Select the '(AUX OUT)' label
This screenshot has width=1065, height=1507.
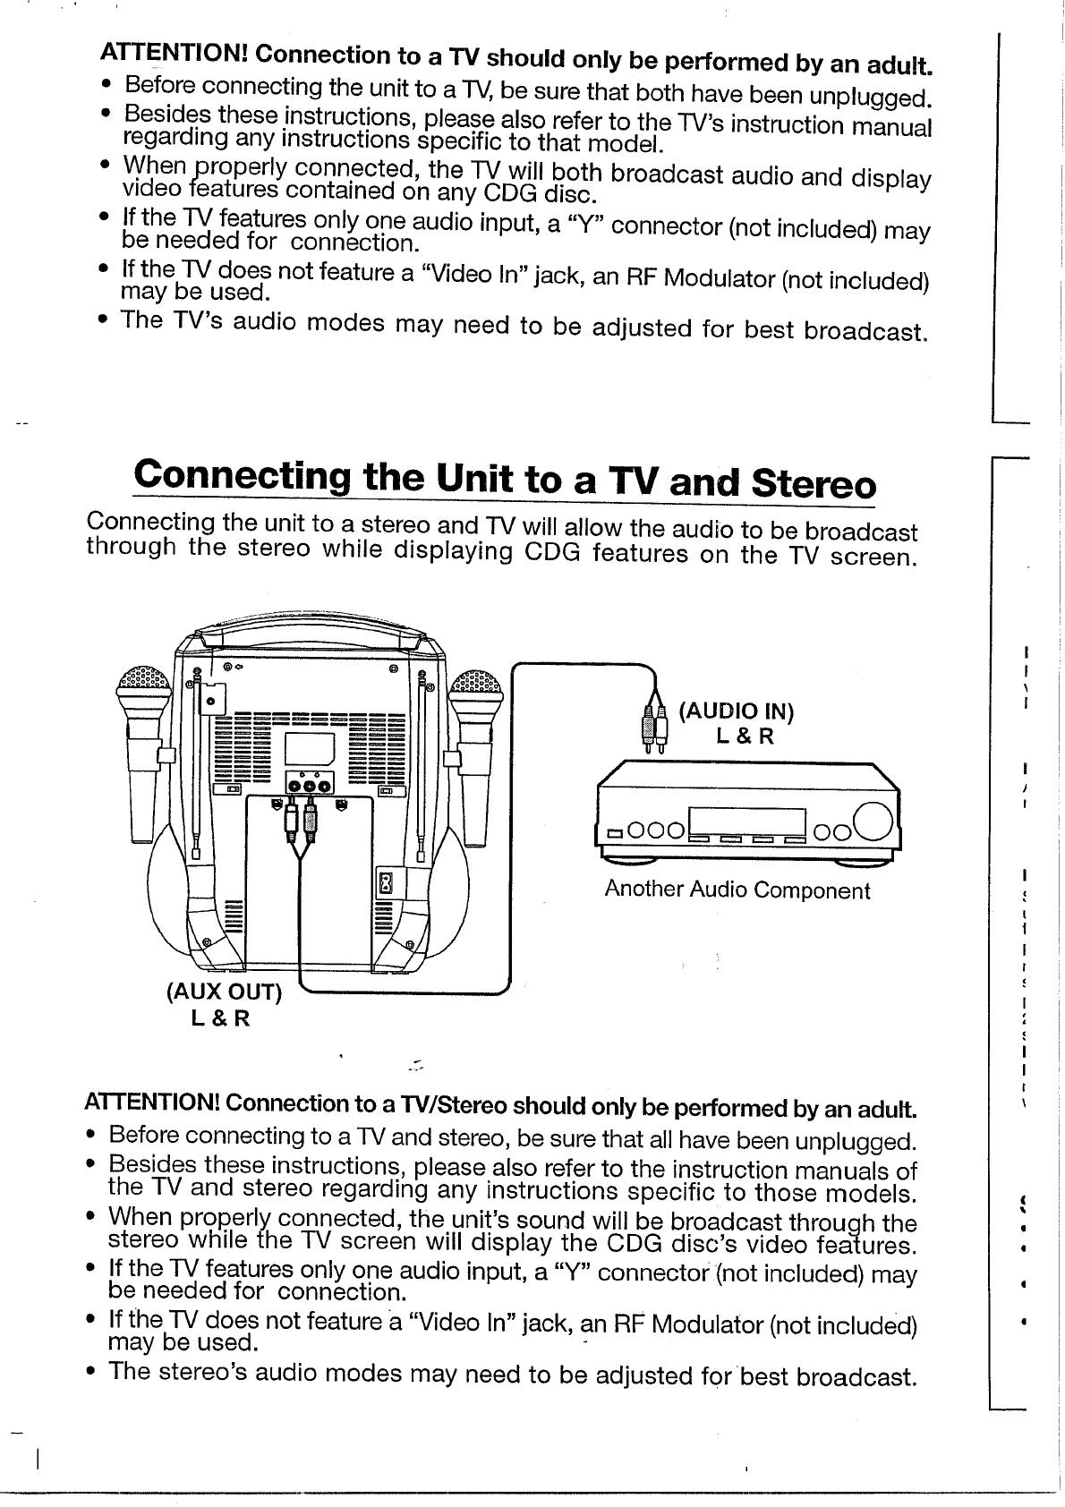[223, 992]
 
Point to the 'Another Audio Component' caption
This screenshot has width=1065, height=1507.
[737, 890]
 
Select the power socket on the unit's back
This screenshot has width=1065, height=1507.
[387, 883]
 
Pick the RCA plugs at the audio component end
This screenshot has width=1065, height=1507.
[654, 723]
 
